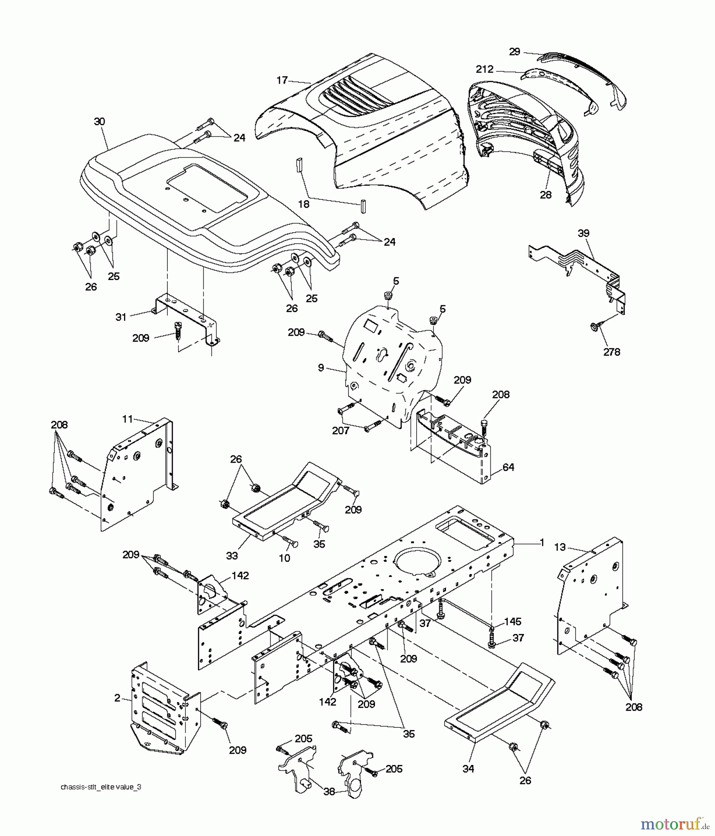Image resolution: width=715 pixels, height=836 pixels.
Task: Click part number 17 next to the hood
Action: click(282, 80)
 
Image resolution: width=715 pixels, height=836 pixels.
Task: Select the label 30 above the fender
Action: click(99, 122)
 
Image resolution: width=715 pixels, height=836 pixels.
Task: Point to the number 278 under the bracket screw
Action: click(611, 352)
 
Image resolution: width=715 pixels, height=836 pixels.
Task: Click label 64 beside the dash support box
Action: click(508, 467)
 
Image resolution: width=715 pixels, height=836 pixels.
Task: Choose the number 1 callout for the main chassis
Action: click(541, 542)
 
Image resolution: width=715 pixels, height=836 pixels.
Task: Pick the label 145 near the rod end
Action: click(512, 621)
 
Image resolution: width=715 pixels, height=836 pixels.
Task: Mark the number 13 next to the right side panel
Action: click(560, 547)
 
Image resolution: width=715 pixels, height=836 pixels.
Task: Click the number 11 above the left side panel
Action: click(128, 419)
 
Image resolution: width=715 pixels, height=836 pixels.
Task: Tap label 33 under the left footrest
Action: click(232, 555)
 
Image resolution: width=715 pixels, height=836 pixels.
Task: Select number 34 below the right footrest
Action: click(468, 769)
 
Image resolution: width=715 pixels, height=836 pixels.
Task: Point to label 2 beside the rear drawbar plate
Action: click(118, 698)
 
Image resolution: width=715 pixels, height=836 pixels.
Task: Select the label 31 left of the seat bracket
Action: click(121, 317)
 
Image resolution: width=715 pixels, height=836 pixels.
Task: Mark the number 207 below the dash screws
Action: click(341, 431)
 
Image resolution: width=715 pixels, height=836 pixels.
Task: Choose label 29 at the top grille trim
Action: click(514, 52)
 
